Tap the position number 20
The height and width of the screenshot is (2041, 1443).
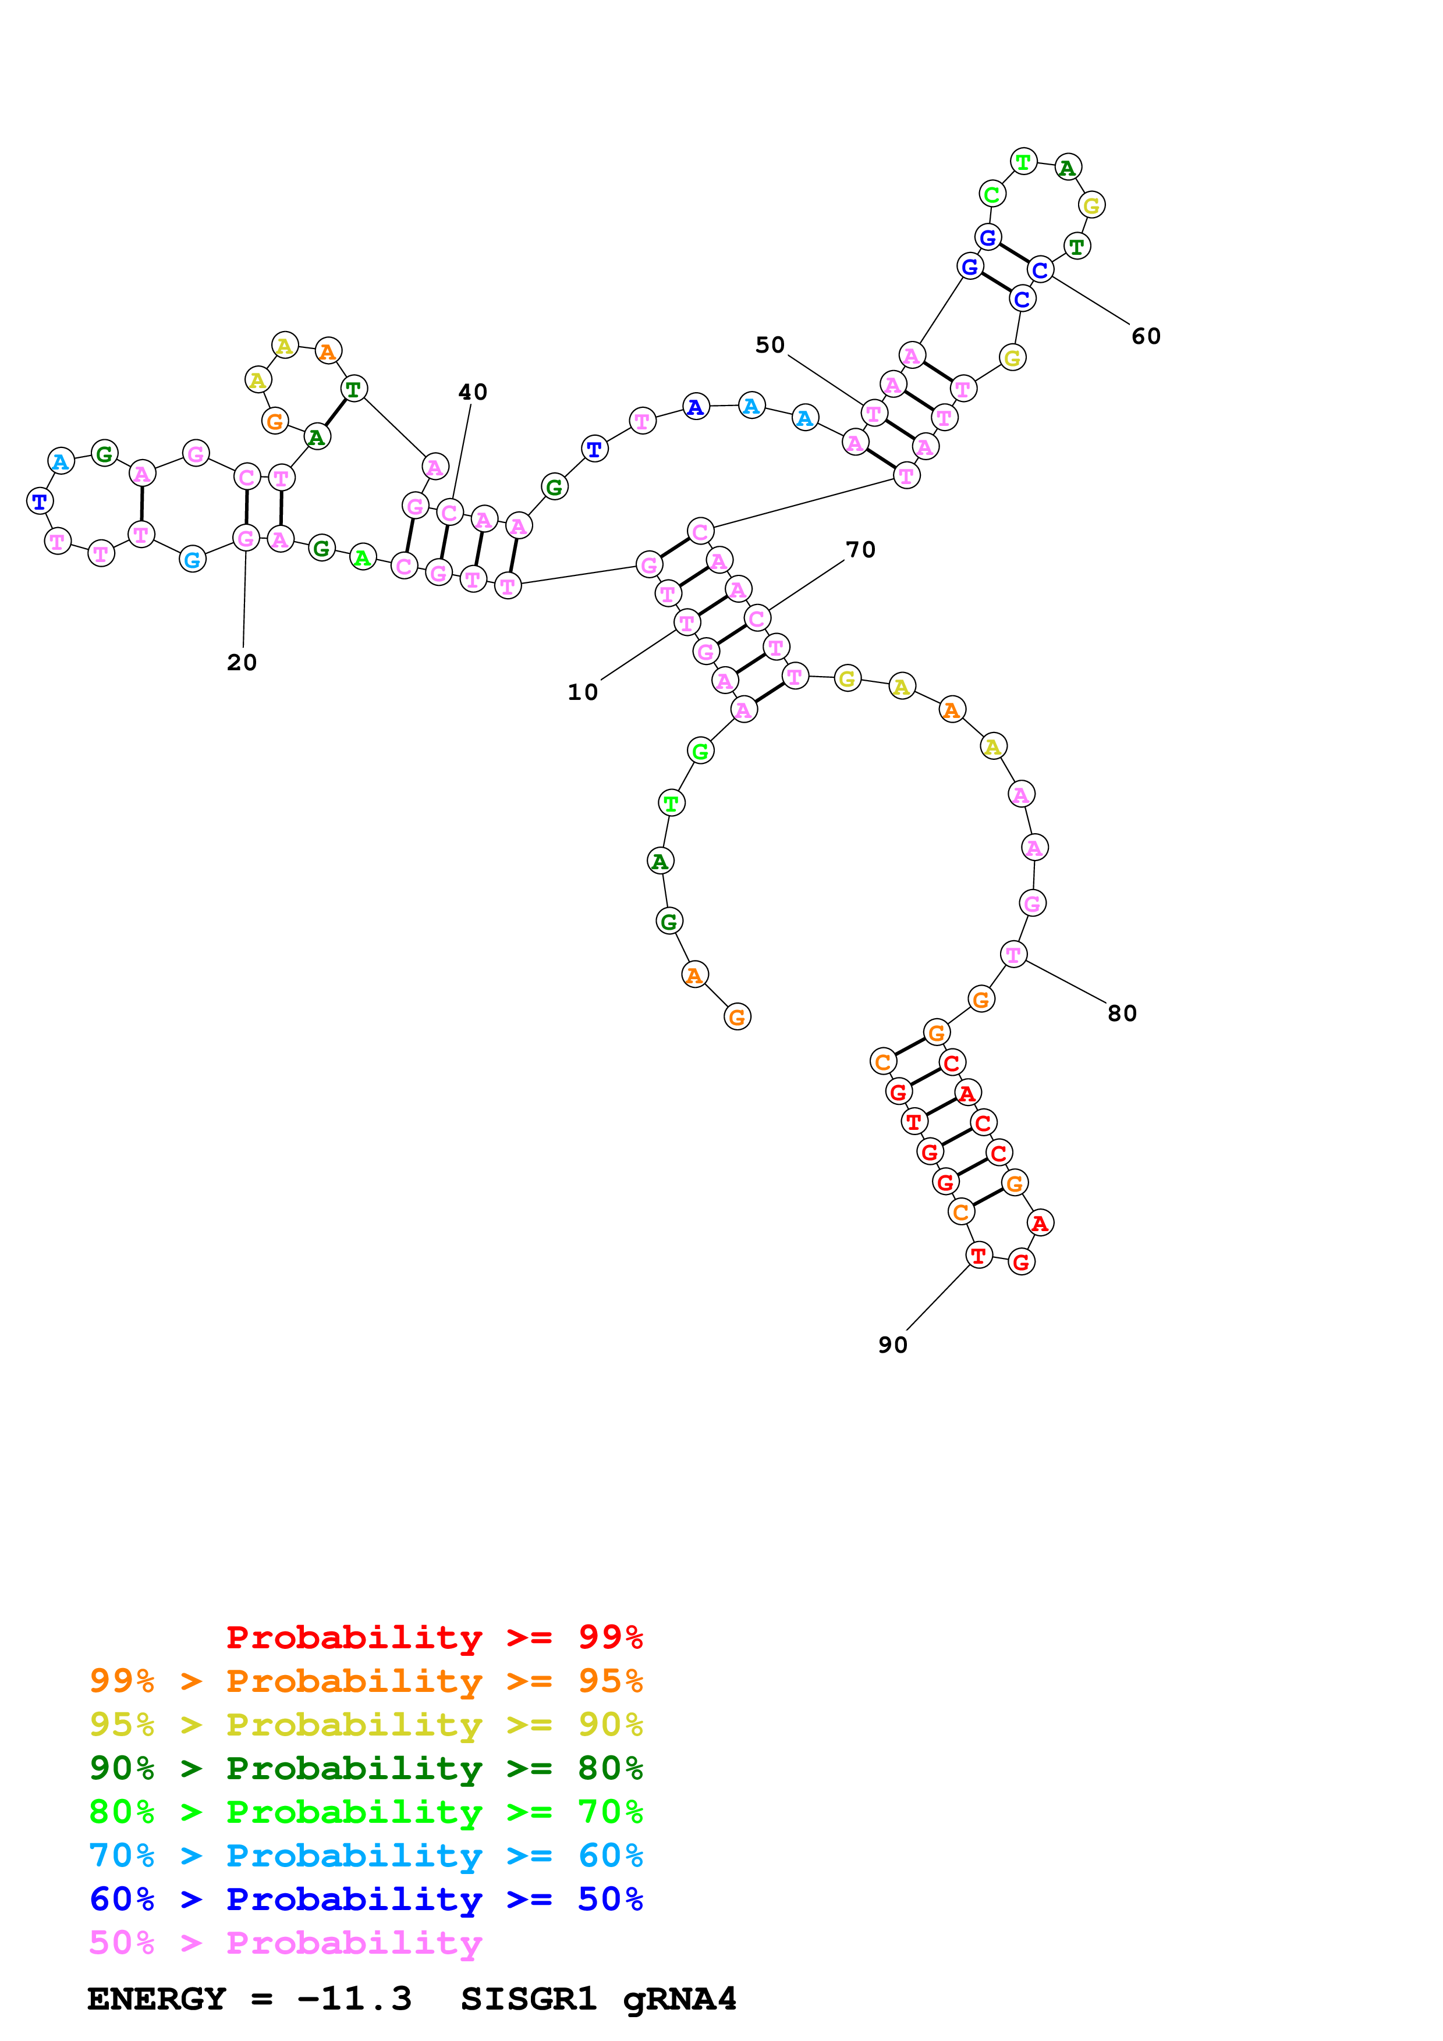coord(242,663)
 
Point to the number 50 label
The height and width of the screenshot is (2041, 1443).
coord(770,345)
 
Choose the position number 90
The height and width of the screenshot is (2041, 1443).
coord(893,1345)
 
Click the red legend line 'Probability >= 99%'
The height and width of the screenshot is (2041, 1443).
coord(434,1637)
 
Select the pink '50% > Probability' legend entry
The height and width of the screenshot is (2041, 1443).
coord(285,1943)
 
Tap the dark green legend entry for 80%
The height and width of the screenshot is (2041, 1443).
coord(366,1768)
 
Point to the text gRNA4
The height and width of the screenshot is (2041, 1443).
coord(679,1999)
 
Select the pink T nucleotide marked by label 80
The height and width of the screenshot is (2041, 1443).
coord(1013,955)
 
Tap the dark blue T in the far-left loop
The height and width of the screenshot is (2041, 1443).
coord(39,502)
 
